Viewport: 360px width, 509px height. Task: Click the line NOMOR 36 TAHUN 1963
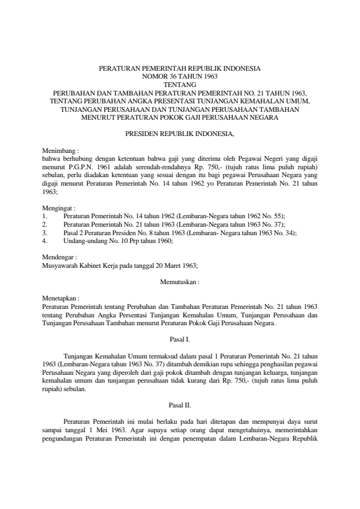pyautogui.click(x=180, y=77)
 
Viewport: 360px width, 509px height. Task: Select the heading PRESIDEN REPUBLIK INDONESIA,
pyautogui.click(x=180, y=131)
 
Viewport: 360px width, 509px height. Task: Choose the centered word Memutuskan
pyautogui.click(x=180, y=282)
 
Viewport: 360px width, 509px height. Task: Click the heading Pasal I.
pyautogui.click(x=180, y=340)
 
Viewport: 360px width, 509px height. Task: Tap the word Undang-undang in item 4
pyautogui.click(x=83, y=241)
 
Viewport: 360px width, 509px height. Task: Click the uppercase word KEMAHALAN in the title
pyautogui.click(x=260, y=101)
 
